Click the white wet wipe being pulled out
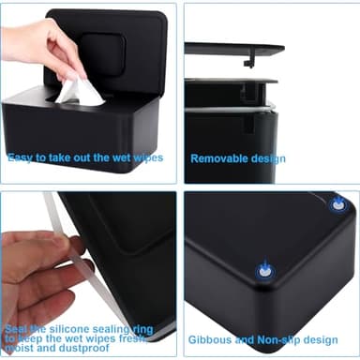80,91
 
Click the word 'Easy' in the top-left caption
21,157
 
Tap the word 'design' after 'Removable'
268,158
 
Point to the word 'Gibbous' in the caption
210,338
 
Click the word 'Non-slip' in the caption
276,338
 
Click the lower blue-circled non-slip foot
264,270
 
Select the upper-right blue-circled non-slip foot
338,203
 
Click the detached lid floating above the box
234,49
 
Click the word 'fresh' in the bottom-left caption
151,337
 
